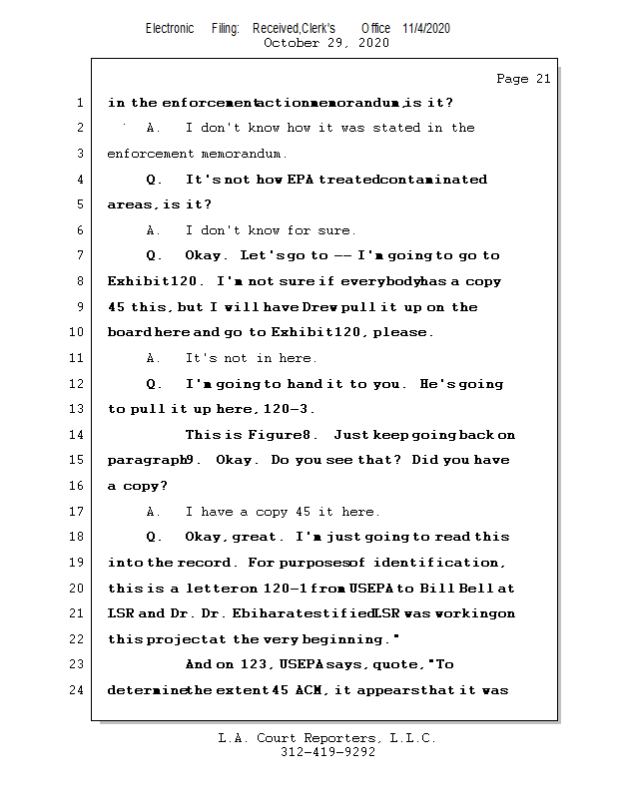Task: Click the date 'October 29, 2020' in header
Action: (x=325, y=43)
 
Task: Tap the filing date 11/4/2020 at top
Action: (x=426, y=28)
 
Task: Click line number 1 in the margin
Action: (x=79, y=103)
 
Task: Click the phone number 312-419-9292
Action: (x=327, y=752)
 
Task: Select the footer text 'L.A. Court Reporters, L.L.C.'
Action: (x=326, y=738)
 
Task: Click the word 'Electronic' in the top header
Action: (x=170, y=28)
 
